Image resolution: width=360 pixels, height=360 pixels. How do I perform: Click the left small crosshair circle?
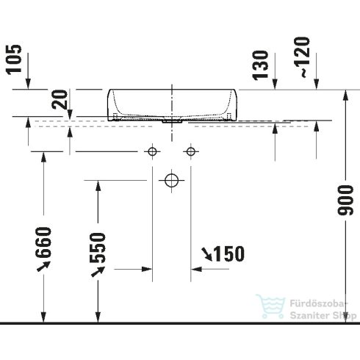click(x=153, y=151)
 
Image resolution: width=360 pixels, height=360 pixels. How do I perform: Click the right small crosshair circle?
click(x=191, y=151)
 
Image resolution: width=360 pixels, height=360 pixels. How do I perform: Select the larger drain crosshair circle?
click(x=172, y=179)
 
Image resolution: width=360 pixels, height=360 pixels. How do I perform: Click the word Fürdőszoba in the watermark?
click(x=317, y=300)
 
